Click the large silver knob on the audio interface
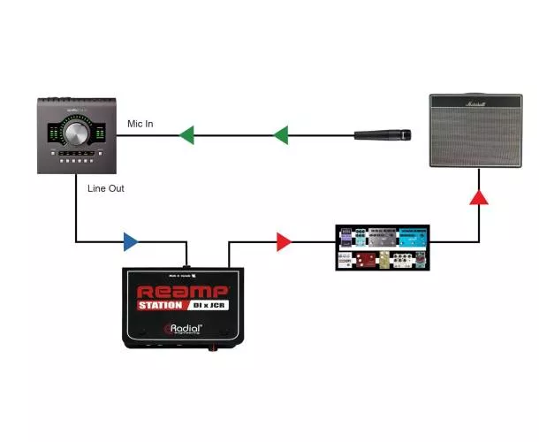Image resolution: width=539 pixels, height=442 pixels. click(76, 133)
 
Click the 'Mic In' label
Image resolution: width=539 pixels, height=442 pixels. click(140, 124)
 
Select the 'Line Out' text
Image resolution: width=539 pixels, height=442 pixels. click(105, 189)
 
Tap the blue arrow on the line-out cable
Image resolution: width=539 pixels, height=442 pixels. click(130, 241)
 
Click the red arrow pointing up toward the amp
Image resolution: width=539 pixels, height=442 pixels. click(478, 196)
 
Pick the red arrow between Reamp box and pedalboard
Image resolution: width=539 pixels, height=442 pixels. click(283, 241)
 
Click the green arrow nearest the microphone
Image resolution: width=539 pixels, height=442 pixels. click(281, 135)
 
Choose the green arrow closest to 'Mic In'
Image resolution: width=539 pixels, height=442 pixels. click(186, 135)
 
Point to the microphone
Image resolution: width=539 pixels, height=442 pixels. click(382, 135)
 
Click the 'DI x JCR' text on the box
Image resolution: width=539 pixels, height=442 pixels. click(209, 306)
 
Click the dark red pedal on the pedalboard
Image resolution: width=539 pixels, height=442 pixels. click(365, 260)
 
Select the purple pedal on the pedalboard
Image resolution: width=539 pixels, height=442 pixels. click(346, 236)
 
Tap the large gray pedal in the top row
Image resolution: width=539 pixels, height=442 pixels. click(382, 237)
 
